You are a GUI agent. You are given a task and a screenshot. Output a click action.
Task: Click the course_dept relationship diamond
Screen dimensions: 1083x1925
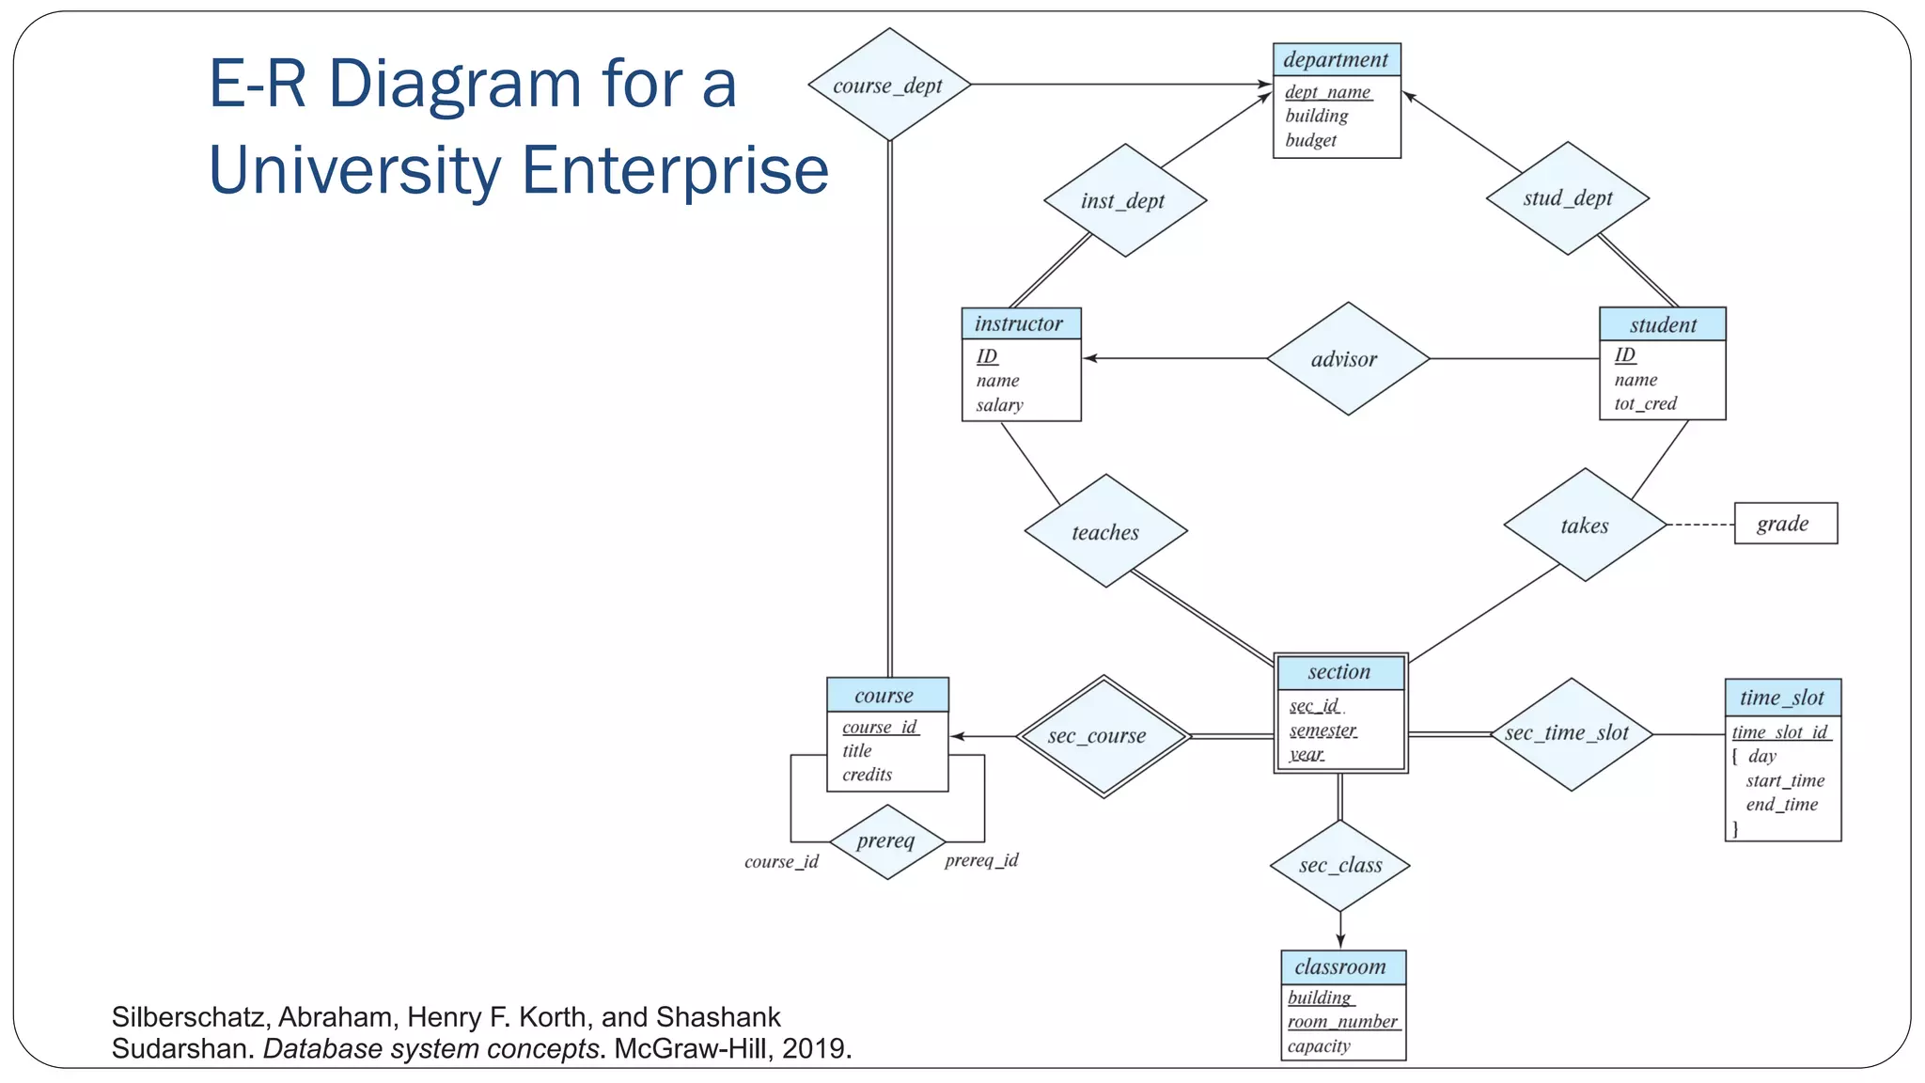[888, 86]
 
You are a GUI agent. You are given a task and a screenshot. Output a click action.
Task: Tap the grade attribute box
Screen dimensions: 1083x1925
[1784, 524]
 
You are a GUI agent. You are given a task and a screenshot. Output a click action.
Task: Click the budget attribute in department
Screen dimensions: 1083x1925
[1310, 140]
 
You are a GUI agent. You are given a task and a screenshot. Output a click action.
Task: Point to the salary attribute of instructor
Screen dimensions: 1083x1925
[999, 405]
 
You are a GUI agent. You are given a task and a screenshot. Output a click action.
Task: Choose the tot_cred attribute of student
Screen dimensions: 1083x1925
[1645, 403]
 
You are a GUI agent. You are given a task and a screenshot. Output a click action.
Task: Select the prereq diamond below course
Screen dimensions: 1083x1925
[886, 841]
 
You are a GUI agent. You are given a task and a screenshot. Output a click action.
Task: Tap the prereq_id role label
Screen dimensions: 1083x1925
[981, 860]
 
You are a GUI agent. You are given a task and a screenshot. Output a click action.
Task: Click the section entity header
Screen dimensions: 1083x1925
[1339, 672]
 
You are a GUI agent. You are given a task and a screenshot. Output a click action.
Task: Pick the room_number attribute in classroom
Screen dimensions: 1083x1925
[1343, 1022]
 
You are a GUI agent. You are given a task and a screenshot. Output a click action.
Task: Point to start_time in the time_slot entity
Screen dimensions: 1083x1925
[1785, 780]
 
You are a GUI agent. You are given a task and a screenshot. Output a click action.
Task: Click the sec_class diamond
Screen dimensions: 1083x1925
[1340, 866]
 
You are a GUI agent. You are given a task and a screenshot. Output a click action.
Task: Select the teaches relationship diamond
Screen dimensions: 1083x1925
[1105, 532]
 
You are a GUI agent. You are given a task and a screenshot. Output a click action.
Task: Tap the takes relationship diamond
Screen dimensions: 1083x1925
[1585, 526]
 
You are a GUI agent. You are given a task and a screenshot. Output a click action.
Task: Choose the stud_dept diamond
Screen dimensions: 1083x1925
[1567, 198]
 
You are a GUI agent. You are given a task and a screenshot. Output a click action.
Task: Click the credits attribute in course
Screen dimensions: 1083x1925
[867, 775]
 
